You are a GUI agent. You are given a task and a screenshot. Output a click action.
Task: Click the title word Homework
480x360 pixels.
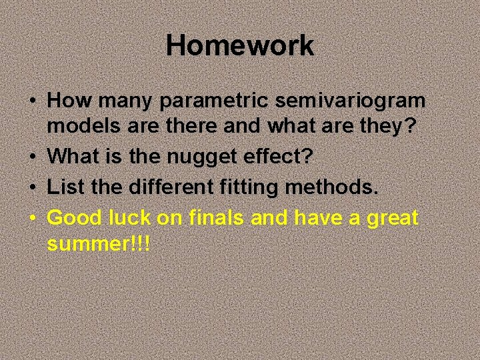pos(239,46)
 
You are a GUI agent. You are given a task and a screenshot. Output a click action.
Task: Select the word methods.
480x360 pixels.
pos(332,188)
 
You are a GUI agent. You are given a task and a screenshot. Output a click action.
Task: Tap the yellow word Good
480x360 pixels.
pos(73,217)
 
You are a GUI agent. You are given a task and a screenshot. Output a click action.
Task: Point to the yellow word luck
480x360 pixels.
pos(129,217)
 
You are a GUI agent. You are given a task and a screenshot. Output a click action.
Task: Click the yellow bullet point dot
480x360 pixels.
pos(33,218)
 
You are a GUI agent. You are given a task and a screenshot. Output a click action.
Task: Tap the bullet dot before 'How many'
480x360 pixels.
pos(33,102)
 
